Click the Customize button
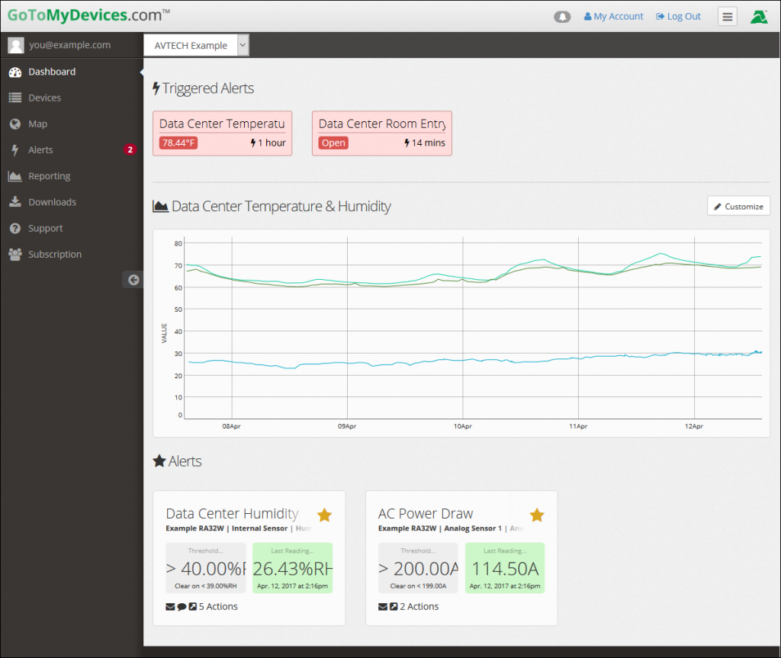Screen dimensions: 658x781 pos(738,206)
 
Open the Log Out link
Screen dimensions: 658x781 pos(679,16)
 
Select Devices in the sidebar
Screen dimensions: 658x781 pos(44,98)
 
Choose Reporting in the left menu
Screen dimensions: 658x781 pos(49,176)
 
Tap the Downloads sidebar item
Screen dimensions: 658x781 pos(52,202)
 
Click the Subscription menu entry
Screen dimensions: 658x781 pos(55,254)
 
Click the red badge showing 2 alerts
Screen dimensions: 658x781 pos(130,150)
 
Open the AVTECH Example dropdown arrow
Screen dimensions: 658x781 pos(243,45)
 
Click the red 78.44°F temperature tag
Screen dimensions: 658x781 pos(178,143)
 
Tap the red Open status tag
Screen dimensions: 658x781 pos(333,143)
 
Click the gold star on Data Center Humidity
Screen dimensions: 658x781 pos(324,515)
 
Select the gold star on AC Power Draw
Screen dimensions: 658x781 pos(537,515)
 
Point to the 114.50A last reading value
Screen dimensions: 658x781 pos(505,569)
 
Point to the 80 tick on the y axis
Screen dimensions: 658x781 pos(178,243)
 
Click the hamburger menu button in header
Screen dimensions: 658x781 pos(728,17)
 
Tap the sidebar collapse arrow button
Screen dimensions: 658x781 pos(133,280)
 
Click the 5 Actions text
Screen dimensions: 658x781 pos(218,607)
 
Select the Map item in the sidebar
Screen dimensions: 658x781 pos(37,124)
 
